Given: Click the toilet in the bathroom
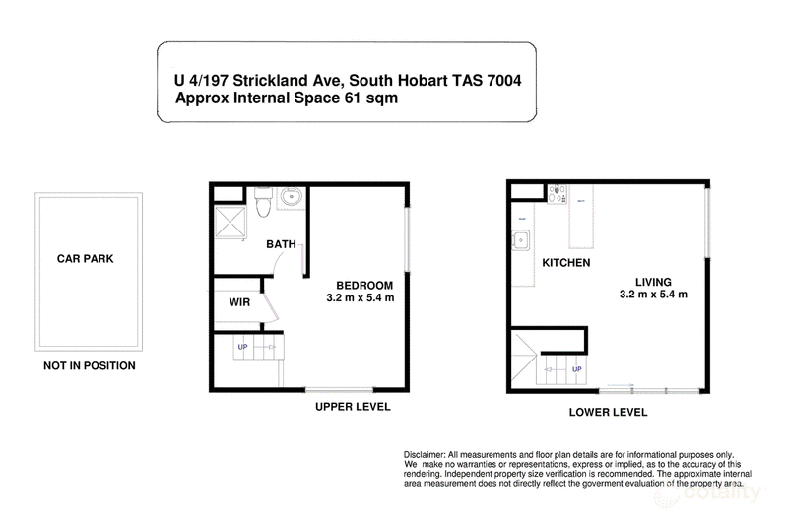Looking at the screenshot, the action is (263, 202).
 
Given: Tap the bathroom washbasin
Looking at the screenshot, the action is (291, 196).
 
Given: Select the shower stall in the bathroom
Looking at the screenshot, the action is (230, 222).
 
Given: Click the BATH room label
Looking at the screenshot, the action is (281, 244).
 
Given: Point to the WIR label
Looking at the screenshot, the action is (239, 302).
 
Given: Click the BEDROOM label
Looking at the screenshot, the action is (364, 286).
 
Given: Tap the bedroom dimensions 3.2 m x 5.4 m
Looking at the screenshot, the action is (361, 297).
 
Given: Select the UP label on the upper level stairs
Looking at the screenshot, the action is (242, 347).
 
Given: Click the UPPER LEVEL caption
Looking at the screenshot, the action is (353, 407).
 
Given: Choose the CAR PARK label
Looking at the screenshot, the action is (86, 259).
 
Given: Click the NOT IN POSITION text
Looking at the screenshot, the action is (90, 365).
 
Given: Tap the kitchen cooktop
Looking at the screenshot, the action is (557, 194).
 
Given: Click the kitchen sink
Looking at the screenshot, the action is (521, 240).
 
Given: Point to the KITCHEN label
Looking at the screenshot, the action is (565, 263).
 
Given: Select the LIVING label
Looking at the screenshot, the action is (653, 282).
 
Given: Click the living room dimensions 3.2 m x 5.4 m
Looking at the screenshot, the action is (653, 295).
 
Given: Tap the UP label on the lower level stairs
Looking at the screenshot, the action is (577, 369).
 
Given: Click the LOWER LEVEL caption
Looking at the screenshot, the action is (608, 413).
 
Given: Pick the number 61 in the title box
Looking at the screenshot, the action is (353, 98).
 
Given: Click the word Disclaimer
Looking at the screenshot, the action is (425, 455).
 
